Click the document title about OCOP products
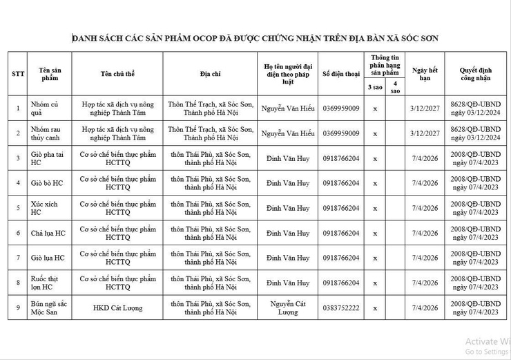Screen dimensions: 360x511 click(x=256, y=38)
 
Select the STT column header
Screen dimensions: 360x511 click(x=18, y=73)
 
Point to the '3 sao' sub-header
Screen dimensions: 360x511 click(x=375, y=86)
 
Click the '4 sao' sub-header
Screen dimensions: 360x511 click(x=395, y=86)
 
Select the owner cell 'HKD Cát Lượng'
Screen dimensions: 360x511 click(x=117, y=308)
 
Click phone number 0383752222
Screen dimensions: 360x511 click(x=341, y=308)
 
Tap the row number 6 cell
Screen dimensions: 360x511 click(x=18, y=234)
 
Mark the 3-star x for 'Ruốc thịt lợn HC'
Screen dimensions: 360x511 click(x=375, y=283)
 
